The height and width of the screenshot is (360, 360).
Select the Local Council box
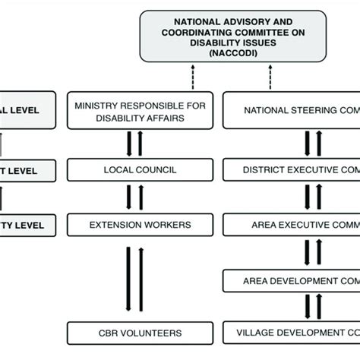tap(134, 169)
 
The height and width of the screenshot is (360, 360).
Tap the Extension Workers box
tap(134, 225)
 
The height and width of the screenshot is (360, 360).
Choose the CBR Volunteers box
tap(134, 332)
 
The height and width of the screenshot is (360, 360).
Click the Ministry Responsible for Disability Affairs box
tap(134, 110)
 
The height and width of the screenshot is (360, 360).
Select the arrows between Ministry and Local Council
tap(134, 143)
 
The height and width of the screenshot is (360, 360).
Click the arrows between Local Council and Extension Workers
tap(134, 197)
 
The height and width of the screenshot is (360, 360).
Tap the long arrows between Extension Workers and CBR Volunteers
tap(134, 279)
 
